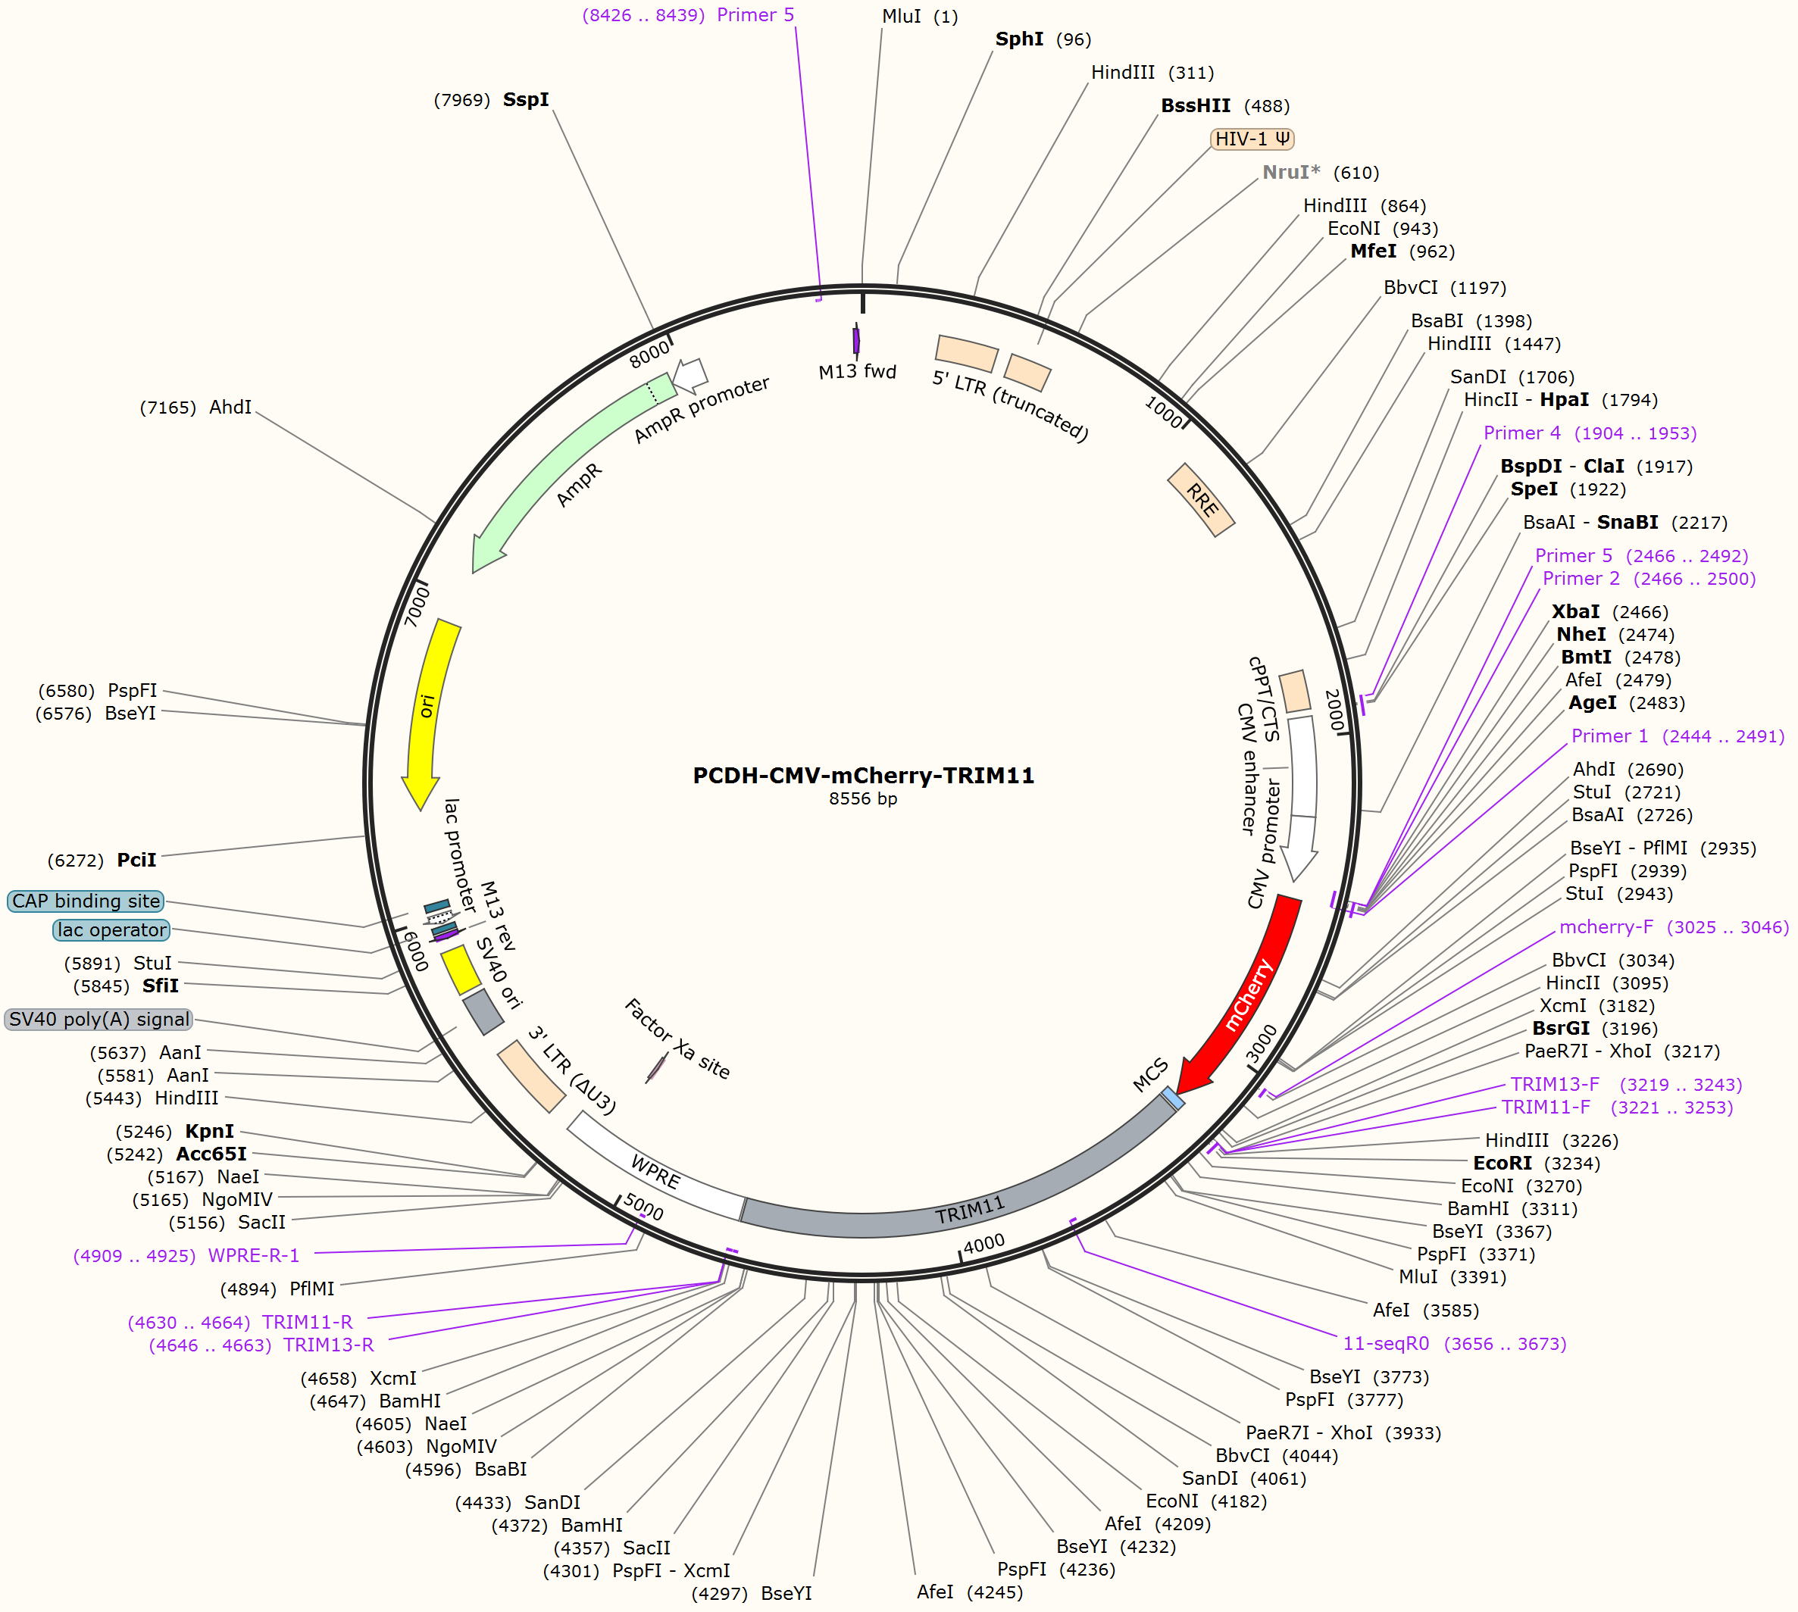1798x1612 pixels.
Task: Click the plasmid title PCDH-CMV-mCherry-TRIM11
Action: click(864, 776)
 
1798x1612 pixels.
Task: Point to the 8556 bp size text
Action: click(864, 799)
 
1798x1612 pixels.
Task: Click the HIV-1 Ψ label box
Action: click(1252, 139)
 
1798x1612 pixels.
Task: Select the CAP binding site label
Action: click(86, 901)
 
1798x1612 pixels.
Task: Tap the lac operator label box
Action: click(111, 930)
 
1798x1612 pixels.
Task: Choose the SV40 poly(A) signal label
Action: click(99, 1020)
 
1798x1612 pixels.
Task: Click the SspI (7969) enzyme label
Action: click(492, 100)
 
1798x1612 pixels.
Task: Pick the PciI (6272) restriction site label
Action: click(102, 861)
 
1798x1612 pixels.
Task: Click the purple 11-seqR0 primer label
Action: click(1454, 1344)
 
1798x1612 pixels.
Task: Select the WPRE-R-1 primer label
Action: click(186, 1256)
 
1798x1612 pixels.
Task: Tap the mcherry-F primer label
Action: click(1674, 927)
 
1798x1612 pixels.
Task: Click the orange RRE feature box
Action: click(1201, 501)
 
